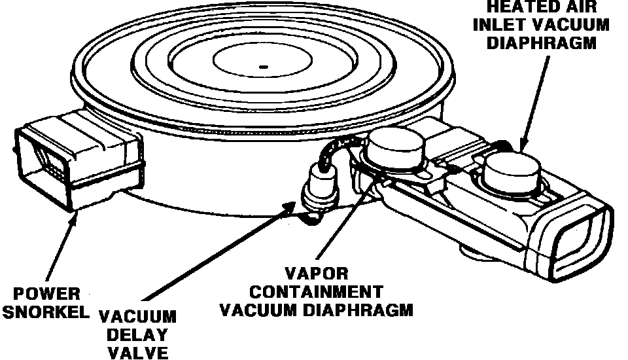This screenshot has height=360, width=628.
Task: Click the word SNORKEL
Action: pyautogui.click(x=45, y=312)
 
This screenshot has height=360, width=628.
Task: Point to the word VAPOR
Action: pyautogui.click(x=316, y=273)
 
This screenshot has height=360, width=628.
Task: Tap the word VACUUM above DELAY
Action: pyautogui.click(x=138, y=317)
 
